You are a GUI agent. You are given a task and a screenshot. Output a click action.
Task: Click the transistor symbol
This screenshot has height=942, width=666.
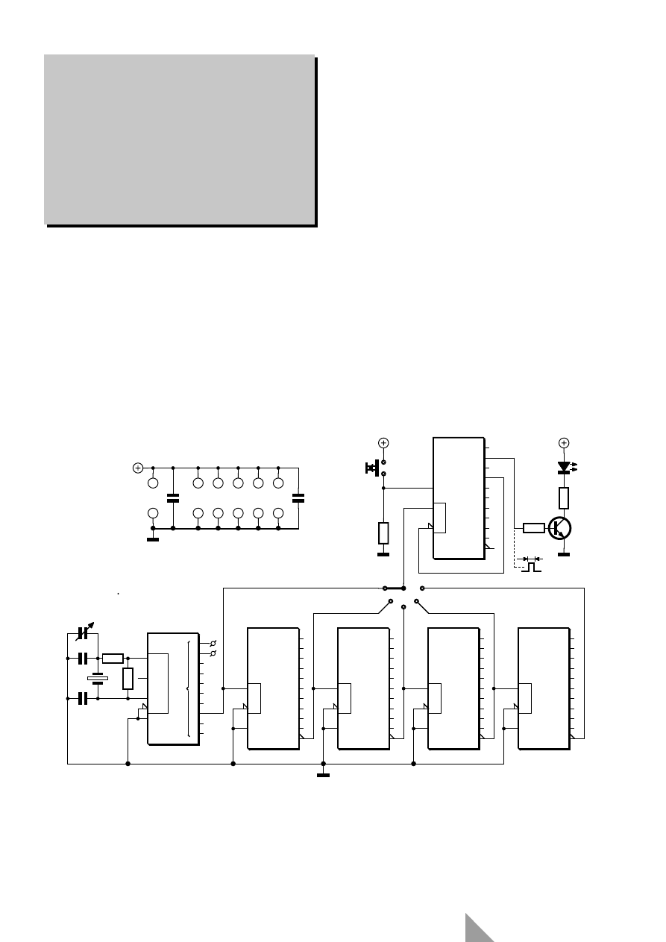[x=560, y=528]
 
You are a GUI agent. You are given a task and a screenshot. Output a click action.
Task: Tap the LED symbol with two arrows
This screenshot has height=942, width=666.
[x=565, y=467]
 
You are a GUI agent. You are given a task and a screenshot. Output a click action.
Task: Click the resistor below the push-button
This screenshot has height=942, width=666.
[x=383, y=533]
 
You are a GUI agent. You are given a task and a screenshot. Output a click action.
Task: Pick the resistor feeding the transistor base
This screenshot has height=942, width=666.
[x=533, y=528]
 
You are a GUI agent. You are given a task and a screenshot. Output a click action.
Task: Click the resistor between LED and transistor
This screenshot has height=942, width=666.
[x=565, y=497]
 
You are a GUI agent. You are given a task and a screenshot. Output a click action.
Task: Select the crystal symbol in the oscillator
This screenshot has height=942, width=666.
[x=97, y=679]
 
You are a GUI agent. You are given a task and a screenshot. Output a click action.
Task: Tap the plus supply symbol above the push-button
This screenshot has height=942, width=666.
[x=383, y=442]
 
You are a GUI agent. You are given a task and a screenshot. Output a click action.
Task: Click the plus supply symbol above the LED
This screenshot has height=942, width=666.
[x=565, y=442]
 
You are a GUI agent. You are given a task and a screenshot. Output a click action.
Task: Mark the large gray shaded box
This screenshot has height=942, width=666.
[x=179, y=139]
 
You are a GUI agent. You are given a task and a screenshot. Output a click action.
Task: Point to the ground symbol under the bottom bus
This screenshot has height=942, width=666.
[x=323, y=774]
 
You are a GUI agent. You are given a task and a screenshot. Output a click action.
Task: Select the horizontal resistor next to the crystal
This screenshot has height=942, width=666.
[x=113, y=658]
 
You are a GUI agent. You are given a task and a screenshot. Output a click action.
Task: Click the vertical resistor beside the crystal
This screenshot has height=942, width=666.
[x=128, y=679]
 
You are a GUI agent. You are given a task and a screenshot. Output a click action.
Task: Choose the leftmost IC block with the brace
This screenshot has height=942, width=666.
[x=173, y=688]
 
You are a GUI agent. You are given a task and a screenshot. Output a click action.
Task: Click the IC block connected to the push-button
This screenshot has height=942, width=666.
[x=459, y=498]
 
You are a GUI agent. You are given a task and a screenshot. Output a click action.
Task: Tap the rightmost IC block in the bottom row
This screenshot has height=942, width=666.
[x=544, y=688]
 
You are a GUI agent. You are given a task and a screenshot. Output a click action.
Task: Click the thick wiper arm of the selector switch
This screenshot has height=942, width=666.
[x=394, y=588]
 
